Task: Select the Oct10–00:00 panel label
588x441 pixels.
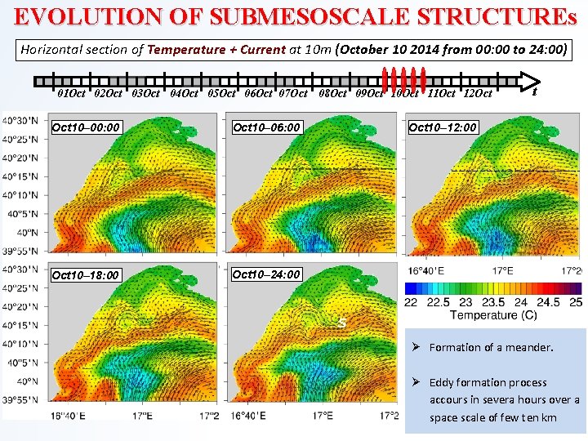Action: tap(86, 127)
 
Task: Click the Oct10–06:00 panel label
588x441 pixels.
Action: tap(267, 127)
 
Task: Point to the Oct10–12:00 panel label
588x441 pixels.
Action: tap(443, 127)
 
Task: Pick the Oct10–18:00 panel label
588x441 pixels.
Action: tap(86, 275)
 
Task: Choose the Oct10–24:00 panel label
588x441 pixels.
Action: tap(266, 274)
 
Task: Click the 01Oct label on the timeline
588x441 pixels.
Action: tap(71, 94)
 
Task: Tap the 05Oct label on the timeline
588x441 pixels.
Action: tap(222, 94)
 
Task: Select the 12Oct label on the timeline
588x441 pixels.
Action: tap(477, 94)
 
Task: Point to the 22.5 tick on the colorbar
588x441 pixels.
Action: tap(438, 302)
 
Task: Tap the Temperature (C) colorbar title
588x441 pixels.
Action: tap(493, 315)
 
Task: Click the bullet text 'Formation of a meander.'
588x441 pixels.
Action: tap(491, 347)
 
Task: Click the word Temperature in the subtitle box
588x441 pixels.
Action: tap(186, 49)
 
